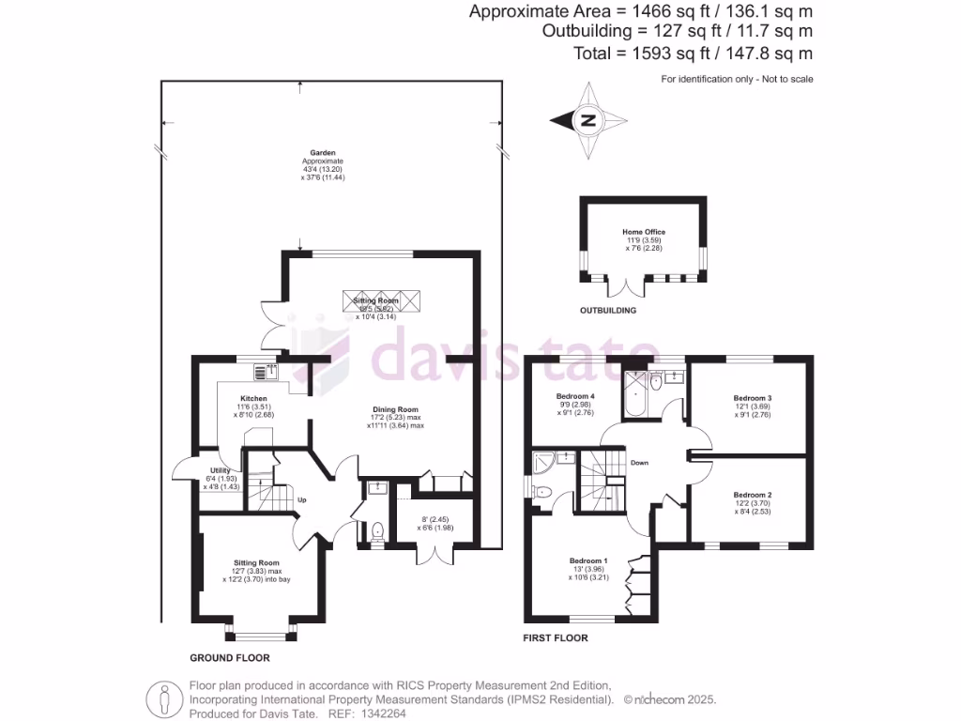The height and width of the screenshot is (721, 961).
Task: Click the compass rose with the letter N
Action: pyautogui.click(x=588, y=121)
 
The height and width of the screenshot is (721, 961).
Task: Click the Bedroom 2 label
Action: pyautogui.click(x=753, y=495)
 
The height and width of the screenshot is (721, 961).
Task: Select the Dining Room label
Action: pyautogui.click(x=395, y=409)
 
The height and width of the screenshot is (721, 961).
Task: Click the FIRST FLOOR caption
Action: pyautogui.click(x=556, y=638)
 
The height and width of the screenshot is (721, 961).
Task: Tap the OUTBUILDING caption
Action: pyautogui.click(x=608, y=310)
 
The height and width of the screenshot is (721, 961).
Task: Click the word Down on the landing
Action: pyautogui.click(x=638, y=463)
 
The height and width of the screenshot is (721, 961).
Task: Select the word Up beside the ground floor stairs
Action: pyautogui.click(x=301, y=499)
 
